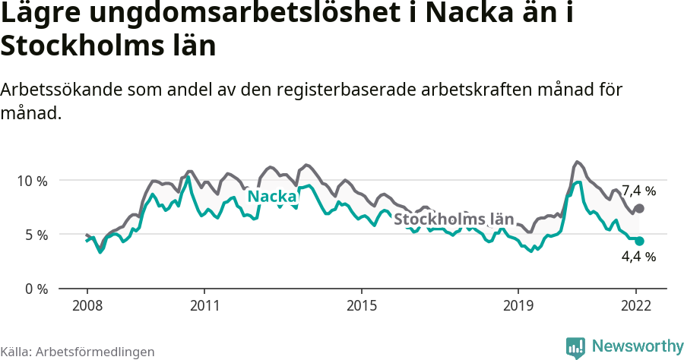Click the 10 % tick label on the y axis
coord(32,181)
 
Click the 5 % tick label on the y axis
coord(35,235)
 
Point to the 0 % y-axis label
coord(35,289)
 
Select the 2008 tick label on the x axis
coord(87,306)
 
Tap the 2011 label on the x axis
coord(204,306)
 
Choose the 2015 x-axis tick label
coord(362,306)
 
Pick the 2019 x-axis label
coord(518,306)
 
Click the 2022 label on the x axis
coord(637,306)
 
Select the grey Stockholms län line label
coord(452,219)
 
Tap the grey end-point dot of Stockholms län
coord(639,208)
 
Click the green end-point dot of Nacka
coord(639,241)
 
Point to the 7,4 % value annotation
coord(638,191)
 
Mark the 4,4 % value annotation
coord(638,257)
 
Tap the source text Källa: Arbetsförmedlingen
coord(78,352)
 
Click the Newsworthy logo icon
coord(575,347)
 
